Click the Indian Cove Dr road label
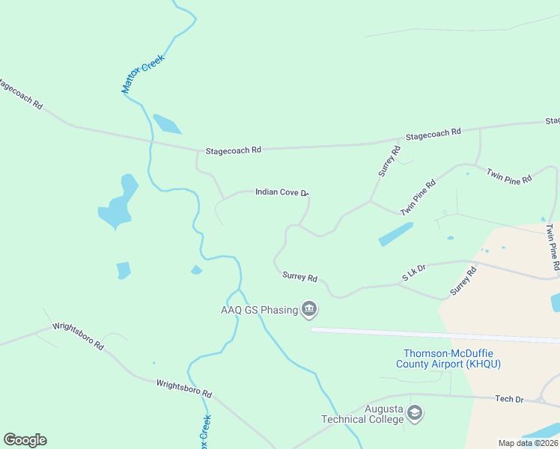click(281, 192)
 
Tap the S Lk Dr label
click(413, 272)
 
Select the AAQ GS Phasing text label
click(258, 310)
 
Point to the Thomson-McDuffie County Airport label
click(448, 358)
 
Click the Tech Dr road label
click(509, 399)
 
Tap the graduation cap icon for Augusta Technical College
click(415, 413)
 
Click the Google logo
click(25, 440)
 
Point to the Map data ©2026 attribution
click(528, 443)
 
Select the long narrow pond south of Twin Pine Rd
click(395, 234)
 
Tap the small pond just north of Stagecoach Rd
click(166, 123)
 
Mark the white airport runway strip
click(434, 335)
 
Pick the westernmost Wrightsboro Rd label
click(78, 337)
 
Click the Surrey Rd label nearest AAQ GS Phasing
click(299, 277)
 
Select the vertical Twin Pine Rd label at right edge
click(552, 246)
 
